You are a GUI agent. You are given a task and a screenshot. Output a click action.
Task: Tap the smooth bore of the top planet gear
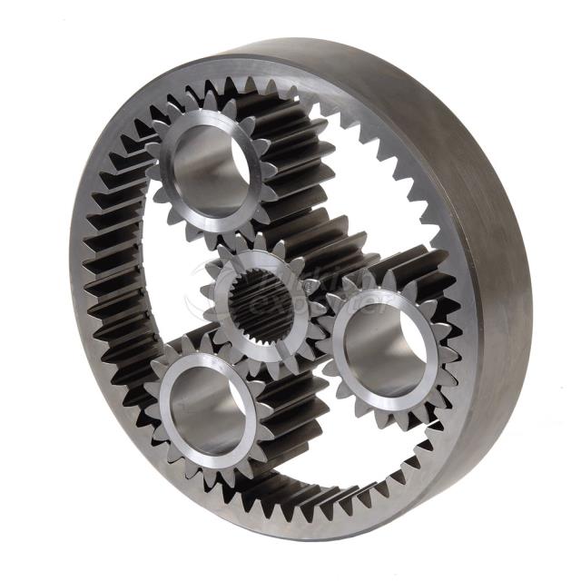tap(210, 164)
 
